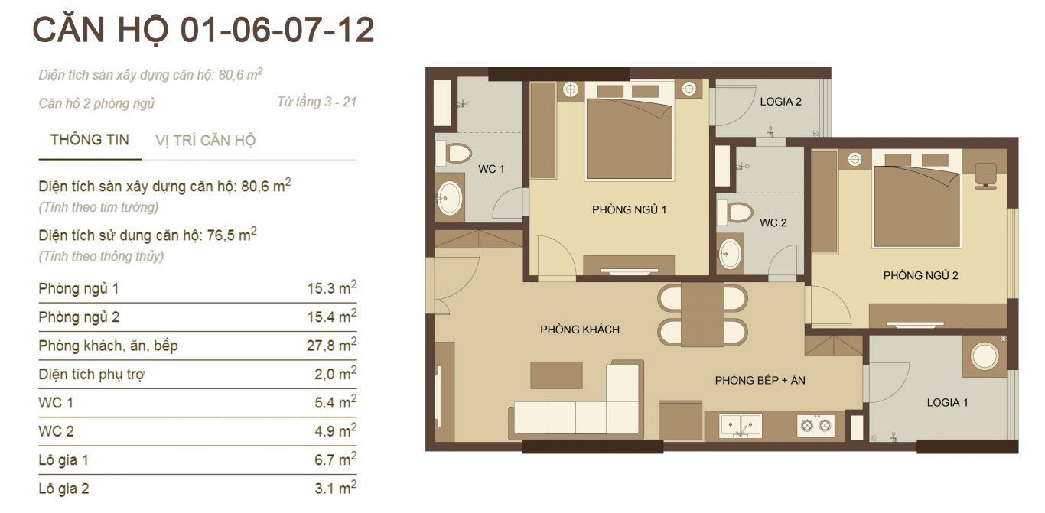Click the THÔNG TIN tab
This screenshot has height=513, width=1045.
coord(90,140)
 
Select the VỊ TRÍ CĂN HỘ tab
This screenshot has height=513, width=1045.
coord(205,141)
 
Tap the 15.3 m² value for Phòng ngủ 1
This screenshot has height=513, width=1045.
coord(332,287)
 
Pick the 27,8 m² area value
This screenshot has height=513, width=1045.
coord(332,345)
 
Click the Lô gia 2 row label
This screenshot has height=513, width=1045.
coord(64,489)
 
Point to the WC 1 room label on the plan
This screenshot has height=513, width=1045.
coord(491,169)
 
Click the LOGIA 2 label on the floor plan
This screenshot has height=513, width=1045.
coord(780,102)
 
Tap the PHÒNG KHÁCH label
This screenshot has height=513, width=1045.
coord(580,330)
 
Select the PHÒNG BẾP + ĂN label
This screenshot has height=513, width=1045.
coord(760,380)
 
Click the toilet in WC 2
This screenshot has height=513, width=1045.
coord(735,213)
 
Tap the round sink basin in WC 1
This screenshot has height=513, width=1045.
coord(449,199)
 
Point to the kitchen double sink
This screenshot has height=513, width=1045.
coord(741,425)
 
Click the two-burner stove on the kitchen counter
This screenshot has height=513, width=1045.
coord(816,425)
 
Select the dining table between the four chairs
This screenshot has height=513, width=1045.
coord(702,314)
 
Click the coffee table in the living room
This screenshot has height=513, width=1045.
coord(557,375)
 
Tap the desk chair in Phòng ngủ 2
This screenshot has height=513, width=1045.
coord(986,176)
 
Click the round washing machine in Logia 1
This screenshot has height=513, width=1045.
coord(985,356)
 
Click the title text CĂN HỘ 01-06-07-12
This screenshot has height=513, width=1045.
coord(203,30)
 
